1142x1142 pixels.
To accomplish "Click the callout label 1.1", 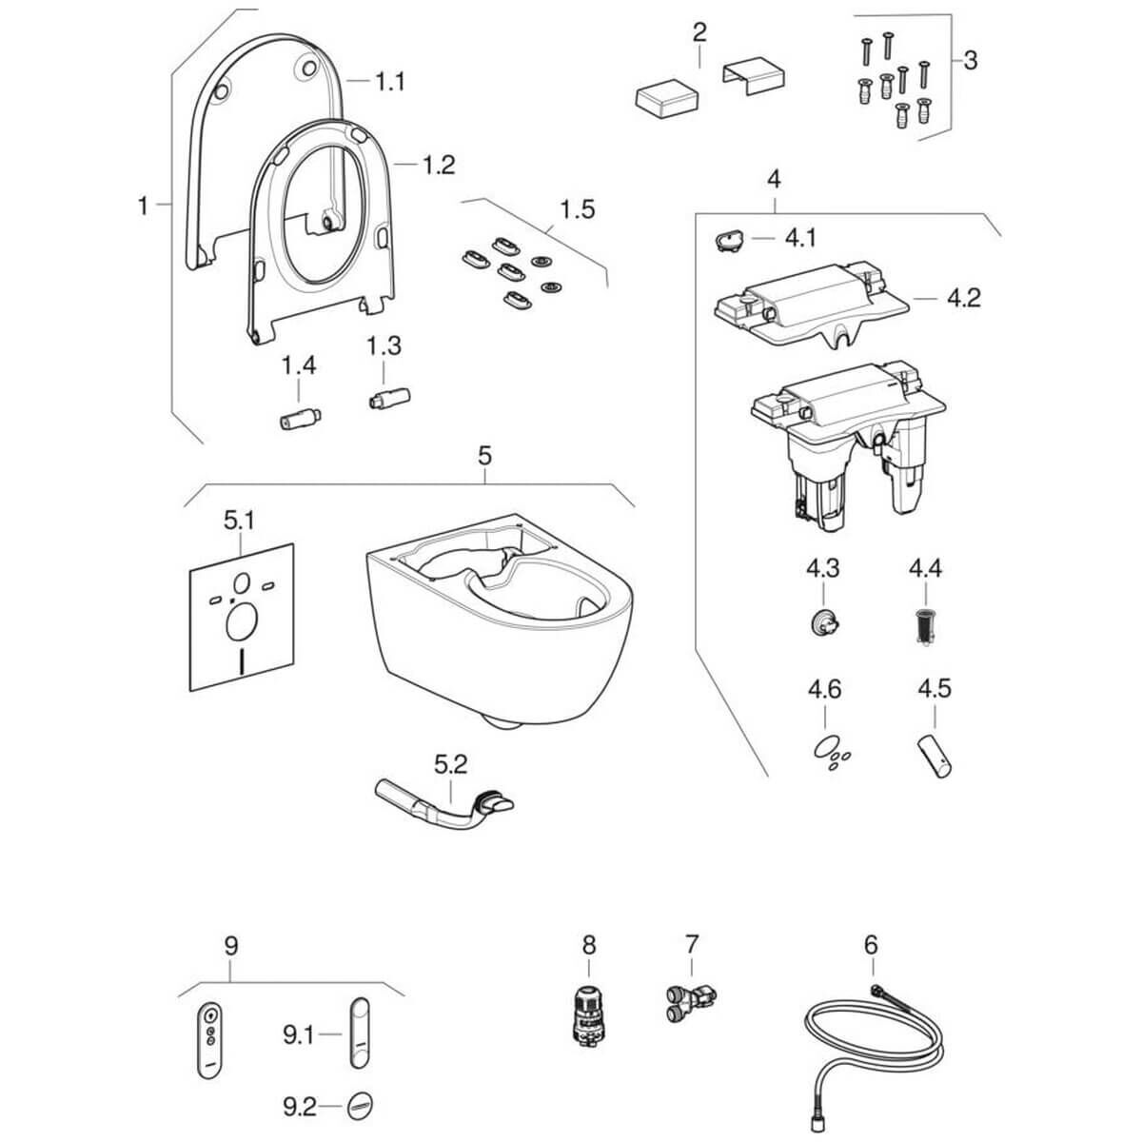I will point(388,82).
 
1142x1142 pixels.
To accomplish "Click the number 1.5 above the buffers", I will point(577,208).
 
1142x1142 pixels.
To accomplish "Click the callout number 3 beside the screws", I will point(970,60).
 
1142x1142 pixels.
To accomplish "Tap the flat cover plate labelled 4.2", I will point(809,305).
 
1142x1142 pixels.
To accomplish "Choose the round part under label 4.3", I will point(821,623).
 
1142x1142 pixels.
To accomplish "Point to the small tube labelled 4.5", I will point(935,755).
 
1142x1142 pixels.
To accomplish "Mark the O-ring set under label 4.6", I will point(828,750).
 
